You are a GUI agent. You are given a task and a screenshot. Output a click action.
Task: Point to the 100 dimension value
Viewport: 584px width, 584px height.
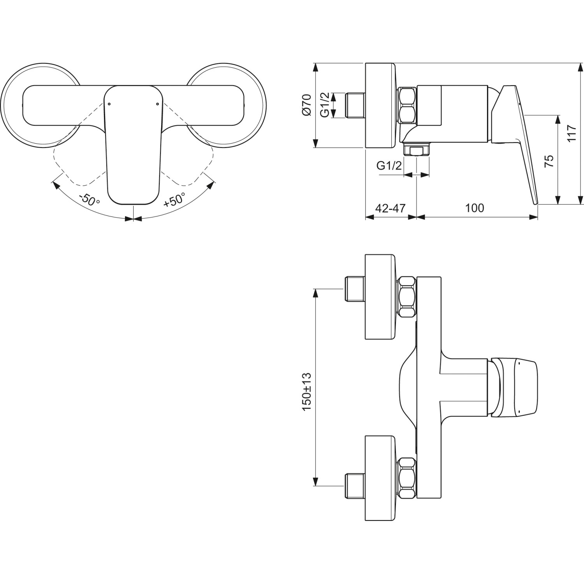pos(475,208)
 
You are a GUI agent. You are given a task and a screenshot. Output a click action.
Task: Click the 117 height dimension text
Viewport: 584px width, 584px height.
pos(571,134)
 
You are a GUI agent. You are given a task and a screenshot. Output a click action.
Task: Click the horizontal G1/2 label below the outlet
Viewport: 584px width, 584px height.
pos(389,166)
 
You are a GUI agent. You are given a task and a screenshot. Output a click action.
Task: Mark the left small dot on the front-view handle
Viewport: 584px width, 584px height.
pos(109,104)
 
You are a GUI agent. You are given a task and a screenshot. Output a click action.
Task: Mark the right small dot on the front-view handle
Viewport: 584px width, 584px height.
pos(157,104)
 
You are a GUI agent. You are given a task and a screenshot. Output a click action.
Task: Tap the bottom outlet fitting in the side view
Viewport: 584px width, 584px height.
pos(417,150)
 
